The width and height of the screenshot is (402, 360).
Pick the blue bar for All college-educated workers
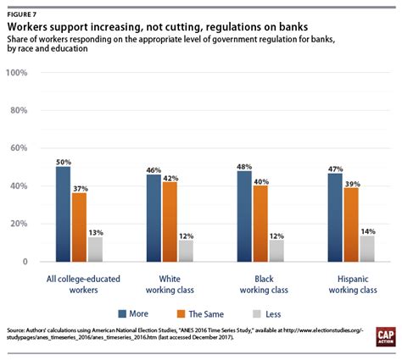(64, 214)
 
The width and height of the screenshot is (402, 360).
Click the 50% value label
(64, 160)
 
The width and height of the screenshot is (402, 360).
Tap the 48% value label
(244, 164)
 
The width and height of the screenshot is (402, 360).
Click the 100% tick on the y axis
(19, 73)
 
